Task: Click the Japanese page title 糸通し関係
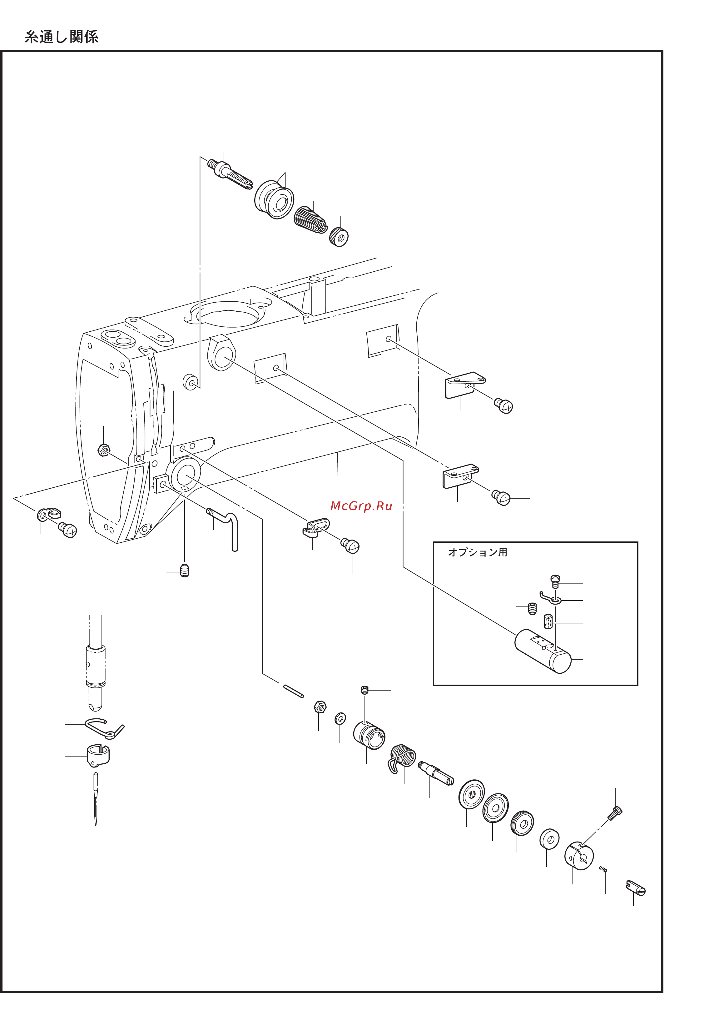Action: (62, 37)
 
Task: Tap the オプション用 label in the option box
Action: (478, 552)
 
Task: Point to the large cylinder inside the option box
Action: (543, 651)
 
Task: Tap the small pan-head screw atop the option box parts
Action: (555, 581)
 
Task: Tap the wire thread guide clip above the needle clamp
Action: (105, 728)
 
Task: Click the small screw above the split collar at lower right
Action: (615, 813)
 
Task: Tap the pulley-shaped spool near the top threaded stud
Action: (274, 199)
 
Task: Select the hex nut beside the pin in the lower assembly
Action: (320, 707)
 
